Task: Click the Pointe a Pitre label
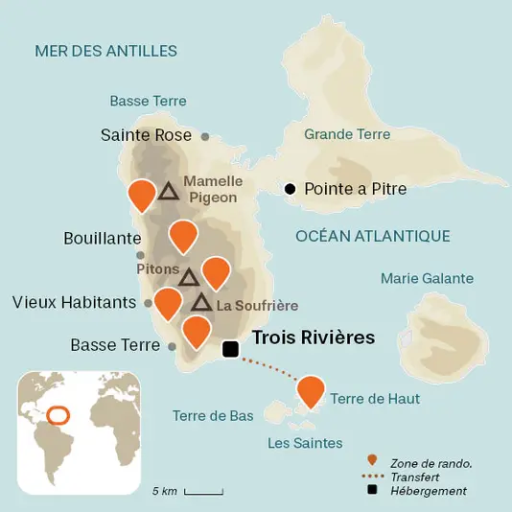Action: point(355,189)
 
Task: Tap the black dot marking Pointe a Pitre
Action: point(291,189)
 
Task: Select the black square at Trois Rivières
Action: point(230,350)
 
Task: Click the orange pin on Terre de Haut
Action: point(310,390)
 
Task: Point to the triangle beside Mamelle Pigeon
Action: point(169,191)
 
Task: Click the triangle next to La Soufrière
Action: point(201,303)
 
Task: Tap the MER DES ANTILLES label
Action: point(105,51)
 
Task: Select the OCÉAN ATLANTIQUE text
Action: point(373,236)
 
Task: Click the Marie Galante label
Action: point(427,279)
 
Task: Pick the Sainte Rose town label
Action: point(147,136)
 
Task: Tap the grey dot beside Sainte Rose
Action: point(205,137)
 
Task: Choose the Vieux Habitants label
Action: point(74,302)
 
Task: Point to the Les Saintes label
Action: point(305,443)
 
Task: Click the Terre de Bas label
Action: point(213,416)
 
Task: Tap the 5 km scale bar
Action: point(203,492)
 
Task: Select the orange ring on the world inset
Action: point(58,415)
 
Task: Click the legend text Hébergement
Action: point(429,491)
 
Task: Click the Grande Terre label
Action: point(347,134)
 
